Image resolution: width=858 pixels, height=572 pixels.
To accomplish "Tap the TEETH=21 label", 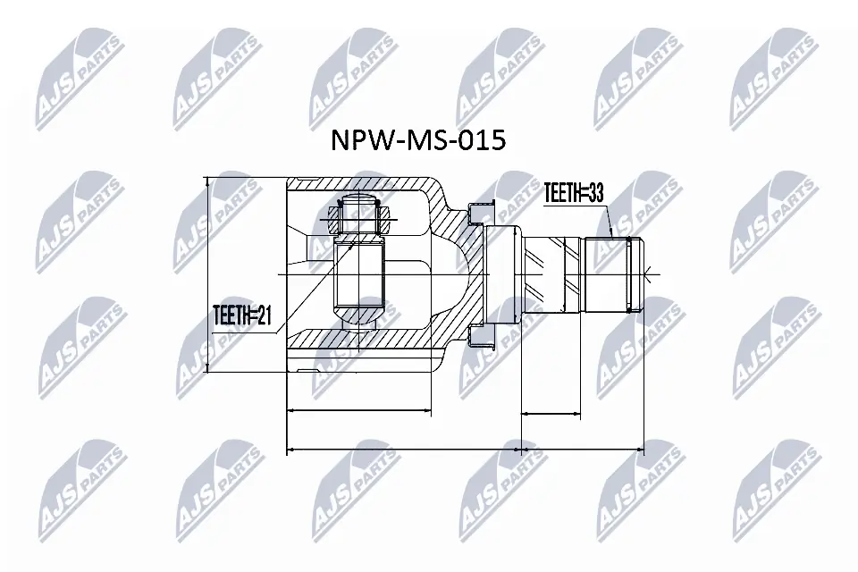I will point(240,315).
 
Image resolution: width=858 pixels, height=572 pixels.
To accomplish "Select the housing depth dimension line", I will point(357,411).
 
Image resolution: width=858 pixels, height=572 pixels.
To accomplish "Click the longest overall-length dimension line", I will point(465,449).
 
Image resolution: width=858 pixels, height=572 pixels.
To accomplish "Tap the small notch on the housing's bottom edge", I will point(308,369).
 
